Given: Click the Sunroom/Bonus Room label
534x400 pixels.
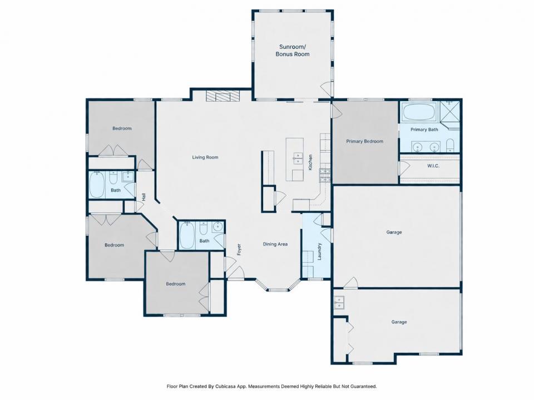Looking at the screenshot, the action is [x=293, y=51].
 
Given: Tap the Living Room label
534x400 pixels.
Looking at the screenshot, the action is [x=205, y=157].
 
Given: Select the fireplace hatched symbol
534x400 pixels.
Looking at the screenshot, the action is [x=222, y=96].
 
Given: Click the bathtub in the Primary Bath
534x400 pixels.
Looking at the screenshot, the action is [x=419, y=112].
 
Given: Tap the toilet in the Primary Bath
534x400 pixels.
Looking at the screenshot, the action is [x=450, y=146].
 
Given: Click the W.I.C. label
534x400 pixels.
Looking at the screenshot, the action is [x=433, y=166].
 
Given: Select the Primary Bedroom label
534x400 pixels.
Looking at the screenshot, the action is [x=365, y=141].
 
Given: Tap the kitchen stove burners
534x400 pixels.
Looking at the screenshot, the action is [x=325, y=175].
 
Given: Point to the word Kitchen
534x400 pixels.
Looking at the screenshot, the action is [x=310, y=163].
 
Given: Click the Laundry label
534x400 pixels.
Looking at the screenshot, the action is [x=319, y=251].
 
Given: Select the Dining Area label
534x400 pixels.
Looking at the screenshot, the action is [x=275, y=244].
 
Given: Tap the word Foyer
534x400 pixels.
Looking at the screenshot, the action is [x=239, y=249].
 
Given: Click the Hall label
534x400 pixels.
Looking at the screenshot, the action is [x=144, y=197].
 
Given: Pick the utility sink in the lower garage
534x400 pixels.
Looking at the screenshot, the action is [x=339, y=302].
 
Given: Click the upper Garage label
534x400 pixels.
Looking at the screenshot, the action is [x=394, y=232].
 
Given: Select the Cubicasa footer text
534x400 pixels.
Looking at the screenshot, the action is [x=272, y=387].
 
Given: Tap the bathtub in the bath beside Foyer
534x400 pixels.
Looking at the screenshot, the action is [x=187, y=235].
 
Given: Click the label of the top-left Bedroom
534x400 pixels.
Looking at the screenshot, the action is [x=122, y=128].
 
